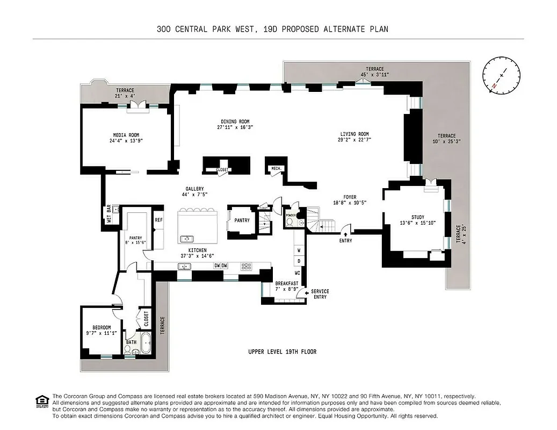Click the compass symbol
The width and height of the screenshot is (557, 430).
click(x=502, y=76)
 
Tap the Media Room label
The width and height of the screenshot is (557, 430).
click(x=126, y=135)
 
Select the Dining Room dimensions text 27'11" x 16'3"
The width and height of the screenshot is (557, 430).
click(x=235, y=128)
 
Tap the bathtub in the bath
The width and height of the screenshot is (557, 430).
click(x=144, y=342)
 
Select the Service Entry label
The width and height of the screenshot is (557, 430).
click(x=320, y=293)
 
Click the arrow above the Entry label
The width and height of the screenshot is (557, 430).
click(x=345, y=233)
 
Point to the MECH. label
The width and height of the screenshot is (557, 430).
click(x=277, y=168)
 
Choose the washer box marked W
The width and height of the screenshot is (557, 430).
click(x=299, y=250)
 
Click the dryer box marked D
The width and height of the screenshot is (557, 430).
click(x=299, y=261)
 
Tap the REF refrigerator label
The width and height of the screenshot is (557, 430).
click(x=158, y=220)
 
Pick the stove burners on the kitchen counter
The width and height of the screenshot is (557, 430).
click(x=247, y=266)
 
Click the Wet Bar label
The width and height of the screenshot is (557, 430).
click(x=108, y=214)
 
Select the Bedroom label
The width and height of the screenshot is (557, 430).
click(x=101, y=327)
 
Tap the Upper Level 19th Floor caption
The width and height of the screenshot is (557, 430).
click(x=282, y=352)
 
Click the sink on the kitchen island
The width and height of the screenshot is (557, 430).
click(x=187, y=238)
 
